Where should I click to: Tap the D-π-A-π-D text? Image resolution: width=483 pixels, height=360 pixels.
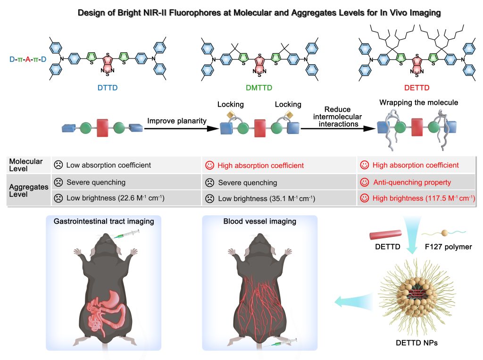28,59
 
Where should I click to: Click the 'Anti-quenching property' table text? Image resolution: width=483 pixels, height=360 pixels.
412,182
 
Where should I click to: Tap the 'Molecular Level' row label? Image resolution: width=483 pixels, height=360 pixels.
26,165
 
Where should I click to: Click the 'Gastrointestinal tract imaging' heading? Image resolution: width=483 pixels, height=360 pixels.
104,221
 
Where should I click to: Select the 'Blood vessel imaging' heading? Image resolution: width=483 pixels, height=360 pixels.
260,221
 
